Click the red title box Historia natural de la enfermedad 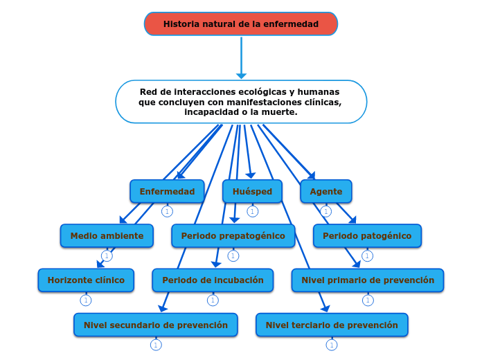click(x=240, y=24)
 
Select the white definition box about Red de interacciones click(x=240, y=101)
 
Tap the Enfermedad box click(x=167, y=191)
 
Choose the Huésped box click(x=252, y=191)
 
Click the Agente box click(x=325, y=191)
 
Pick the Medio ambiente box click(x=107, y=235)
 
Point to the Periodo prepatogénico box click(x=233, y=235)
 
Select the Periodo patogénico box click(x=367, y=235)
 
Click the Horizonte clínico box click(x=86, y=280)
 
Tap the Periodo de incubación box click(x=213, y=280)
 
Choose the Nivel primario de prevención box click(x=368, y=280)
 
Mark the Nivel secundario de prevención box click(x=156, y=324)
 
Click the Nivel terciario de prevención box click(x=332, y=324)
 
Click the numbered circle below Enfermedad click(x=167, y=211)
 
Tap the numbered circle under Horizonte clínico click(x=86, y=300)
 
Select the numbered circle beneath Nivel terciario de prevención click(x=332, y=345)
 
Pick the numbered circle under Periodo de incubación click(x=213, y=300)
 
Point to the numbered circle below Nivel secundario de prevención click(x=156, y=345)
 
